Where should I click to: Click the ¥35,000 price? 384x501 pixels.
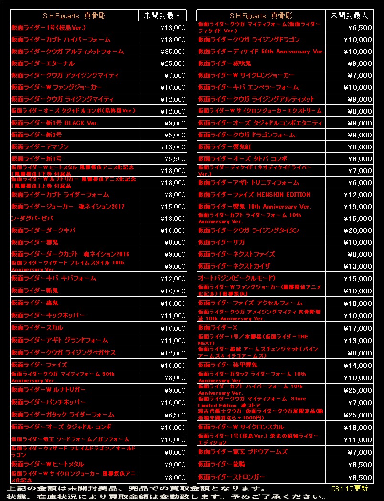(x=174, y=52)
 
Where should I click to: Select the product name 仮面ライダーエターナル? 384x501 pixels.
(x=43, y=63)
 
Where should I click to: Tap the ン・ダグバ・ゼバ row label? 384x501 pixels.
(x=32, y=219)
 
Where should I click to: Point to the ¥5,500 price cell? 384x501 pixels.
(x=176, y=159)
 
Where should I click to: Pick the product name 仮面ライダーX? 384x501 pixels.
(x=217, y=328)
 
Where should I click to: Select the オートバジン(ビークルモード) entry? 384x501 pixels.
(x=237, y=278)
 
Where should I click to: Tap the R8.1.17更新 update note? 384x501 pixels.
(x=349, y=489)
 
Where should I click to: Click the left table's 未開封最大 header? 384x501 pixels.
(x=162, y=16)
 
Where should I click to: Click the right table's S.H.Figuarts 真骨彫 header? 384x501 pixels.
(x=261, y=16)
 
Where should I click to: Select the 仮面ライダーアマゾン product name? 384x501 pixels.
(x=40, y=147)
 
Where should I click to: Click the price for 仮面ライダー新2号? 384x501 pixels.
(x=176, y=135)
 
